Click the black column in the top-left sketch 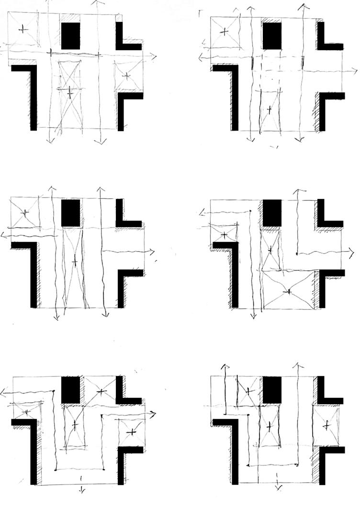click(71, 36)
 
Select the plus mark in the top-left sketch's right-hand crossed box click(127, 76)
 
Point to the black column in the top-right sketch click(272, 36)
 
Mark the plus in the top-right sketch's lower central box click(269, 110)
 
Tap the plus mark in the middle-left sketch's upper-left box click(25, 212)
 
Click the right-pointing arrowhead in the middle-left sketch click(154, 251)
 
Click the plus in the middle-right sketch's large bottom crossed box click(288, 291)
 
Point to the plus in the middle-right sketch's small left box click(224, 235)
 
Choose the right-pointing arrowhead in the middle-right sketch click(353, 251)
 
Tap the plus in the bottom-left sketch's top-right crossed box click(101, 392)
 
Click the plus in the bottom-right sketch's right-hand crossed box click(326, 424)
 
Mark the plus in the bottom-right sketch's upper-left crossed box click(248, 391)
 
